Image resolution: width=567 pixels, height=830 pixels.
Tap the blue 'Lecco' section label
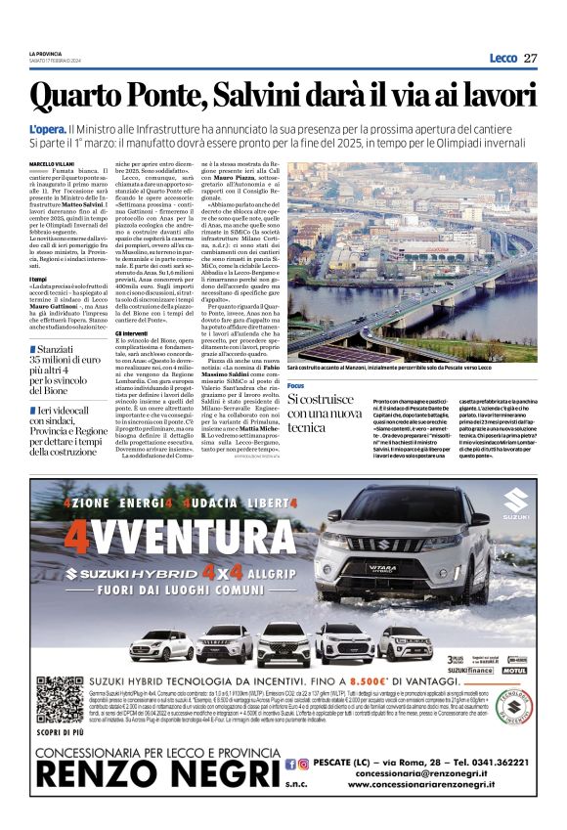coord(502,58)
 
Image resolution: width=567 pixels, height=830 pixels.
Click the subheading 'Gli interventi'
coord(131,332)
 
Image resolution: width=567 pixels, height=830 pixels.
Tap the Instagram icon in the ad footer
coord(304,763)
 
